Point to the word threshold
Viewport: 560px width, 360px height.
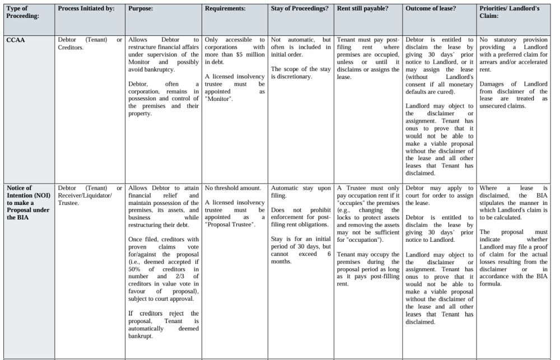[226, 188]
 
